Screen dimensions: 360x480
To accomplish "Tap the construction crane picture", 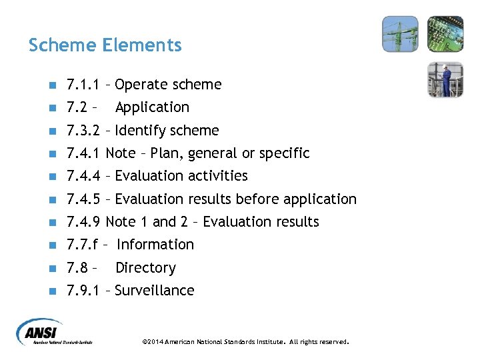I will [400, 34].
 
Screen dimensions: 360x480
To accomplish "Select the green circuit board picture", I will [445, 34].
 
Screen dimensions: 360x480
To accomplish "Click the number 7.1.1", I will [83, 85].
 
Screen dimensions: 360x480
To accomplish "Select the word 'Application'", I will [152, 107].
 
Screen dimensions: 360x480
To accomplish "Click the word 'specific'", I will [284, 153].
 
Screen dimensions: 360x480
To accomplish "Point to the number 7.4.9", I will [83, 222].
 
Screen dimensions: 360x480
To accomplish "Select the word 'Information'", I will [155, 245].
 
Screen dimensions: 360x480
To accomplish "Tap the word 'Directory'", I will [145, 268].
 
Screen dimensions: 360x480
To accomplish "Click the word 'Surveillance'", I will [155, 291].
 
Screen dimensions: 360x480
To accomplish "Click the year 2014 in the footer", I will [155, 342].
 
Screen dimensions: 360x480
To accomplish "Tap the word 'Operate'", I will [141, 85].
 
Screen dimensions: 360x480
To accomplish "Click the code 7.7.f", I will [83, 245].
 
